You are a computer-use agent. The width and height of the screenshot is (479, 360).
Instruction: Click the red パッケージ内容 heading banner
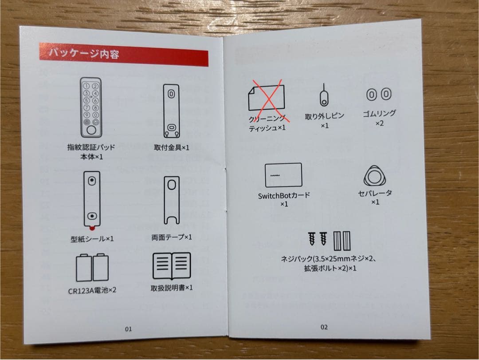123,54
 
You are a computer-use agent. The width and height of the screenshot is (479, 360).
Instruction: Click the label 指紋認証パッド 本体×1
91,151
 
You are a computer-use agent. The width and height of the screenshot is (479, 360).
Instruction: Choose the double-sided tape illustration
171,200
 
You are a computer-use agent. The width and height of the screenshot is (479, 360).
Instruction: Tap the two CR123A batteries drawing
92,268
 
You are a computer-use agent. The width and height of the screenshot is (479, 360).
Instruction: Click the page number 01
128,329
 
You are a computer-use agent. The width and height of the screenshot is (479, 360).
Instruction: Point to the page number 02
324,327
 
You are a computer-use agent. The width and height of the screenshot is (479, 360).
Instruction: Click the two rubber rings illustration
379,94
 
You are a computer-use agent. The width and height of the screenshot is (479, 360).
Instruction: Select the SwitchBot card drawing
284,175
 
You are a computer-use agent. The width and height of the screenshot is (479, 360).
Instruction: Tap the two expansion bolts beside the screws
342,241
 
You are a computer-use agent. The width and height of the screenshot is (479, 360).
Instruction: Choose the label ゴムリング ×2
379,118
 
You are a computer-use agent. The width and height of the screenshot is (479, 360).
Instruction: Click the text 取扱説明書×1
172,288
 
